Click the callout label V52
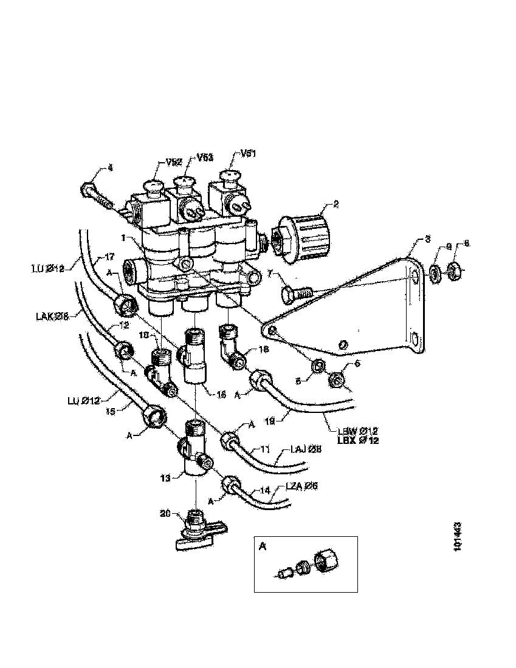click(x=175, y=163)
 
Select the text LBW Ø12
click(x=357, y=431)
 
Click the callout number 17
click(x=110, y=256)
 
